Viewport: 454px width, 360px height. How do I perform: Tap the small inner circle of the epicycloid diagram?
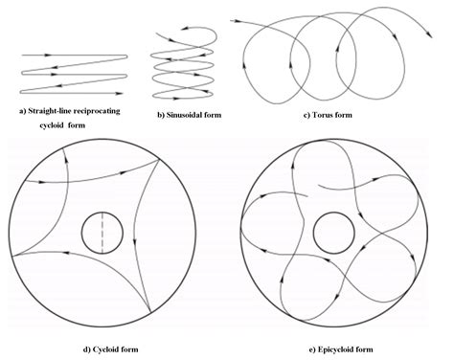pyautogui.click(x=331, y=232)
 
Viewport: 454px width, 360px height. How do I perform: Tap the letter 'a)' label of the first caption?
pyautogui.click(x=23, y=110)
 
